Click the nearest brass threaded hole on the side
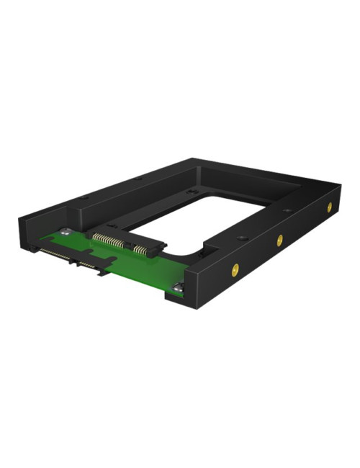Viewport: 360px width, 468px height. point(234,271)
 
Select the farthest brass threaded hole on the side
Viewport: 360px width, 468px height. point(329,207)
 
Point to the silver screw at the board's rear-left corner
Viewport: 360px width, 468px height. point(66,232)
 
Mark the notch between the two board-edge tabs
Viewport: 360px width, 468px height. point(73,261)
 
